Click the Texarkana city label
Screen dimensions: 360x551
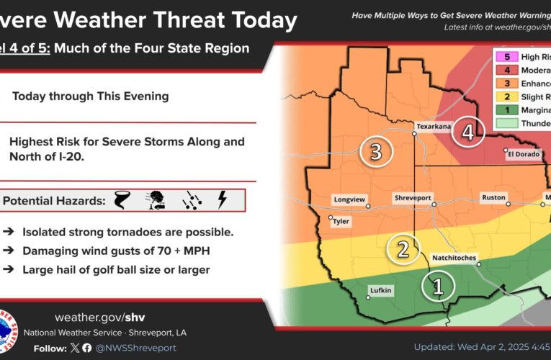pyautogui.click(x=434, y=126)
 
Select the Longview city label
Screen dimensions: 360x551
pyautogui.click(x=349, y=199)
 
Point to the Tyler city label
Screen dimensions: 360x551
pyautogui.click(x=340, y=222)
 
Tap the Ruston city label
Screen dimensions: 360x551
pyautogui.click(x=494, y=197)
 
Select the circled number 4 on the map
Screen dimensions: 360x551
pyautogui.click(x=468, y=132)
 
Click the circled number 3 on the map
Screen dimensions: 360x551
pyautogui.click(x=375, y=151)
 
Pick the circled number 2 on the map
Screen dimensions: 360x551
pyautogui.click(x=403, y=249)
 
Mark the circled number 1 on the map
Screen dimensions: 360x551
pyautogui.click(x=437, y=287)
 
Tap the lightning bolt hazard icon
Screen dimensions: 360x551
pyautogui.click(x=222, y=199)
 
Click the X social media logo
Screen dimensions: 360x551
pyautogui.click(x=74, y=348)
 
